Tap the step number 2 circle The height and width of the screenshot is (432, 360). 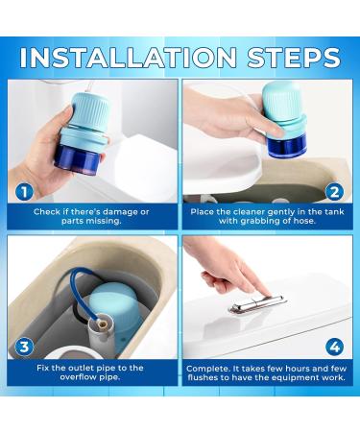click(x=334, y=191)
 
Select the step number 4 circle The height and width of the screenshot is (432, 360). click(x=334, y=347)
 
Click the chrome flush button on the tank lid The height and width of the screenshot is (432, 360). click(x=257, y=304)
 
